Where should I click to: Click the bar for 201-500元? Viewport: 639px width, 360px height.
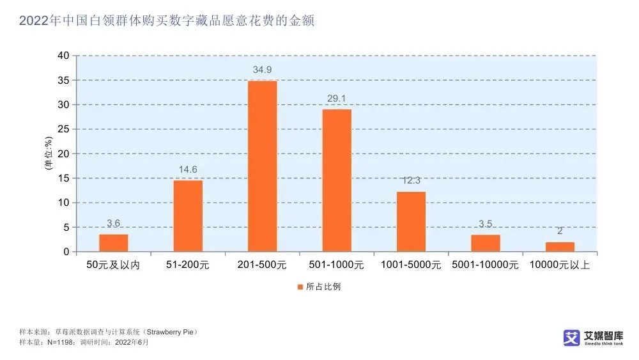click(262, 166)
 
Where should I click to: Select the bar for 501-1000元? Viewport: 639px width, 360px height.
click(337, 180)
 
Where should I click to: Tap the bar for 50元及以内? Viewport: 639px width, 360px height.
click(113, 243)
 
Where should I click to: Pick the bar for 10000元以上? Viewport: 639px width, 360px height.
click(560, 247)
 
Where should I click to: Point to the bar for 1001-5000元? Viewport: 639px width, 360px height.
click(411, 222)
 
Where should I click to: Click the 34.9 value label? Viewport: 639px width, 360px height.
click(262, 69)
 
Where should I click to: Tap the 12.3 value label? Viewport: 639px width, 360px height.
click(411, 180)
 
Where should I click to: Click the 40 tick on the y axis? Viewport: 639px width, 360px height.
click(63, 56)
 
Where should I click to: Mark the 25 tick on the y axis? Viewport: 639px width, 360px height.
click(63, 129)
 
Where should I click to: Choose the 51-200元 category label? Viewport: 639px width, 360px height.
click(188, 265)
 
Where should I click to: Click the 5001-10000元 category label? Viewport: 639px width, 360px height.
click(485, 265)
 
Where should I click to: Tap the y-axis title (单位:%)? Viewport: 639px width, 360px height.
click(48, 153)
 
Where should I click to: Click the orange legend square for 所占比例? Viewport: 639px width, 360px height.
click(300, 287)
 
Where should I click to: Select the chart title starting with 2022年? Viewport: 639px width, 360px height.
click(167, 21)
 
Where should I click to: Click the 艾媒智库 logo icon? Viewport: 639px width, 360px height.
click(571, 338)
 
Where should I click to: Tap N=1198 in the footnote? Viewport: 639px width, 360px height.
click(58, 343)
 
